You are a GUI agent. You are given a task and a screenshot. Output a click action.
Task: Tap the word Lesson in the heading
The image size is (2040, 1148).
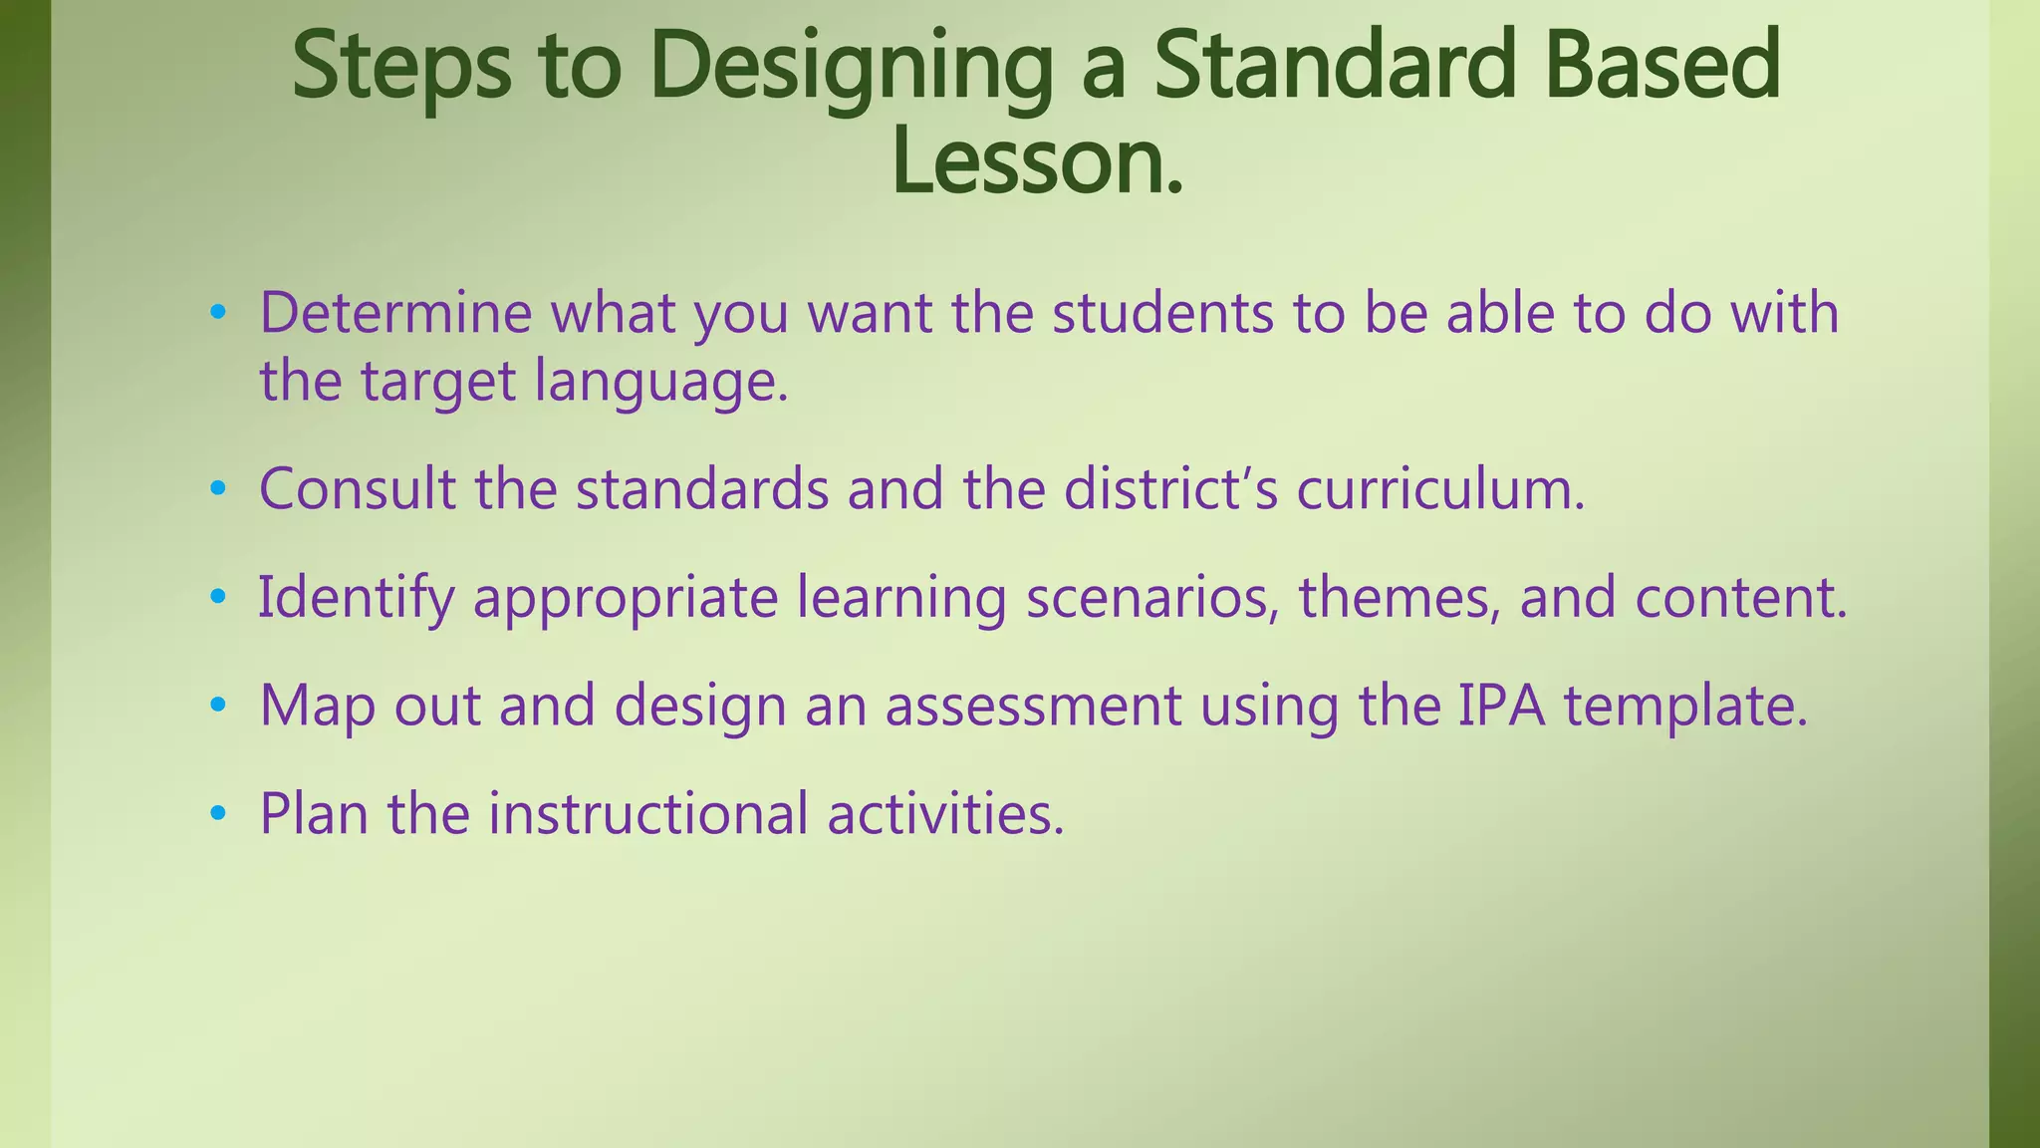coord(1036,162)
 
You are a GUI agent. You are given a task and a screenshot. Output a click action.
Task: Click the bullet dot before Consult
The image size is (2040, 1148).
coord(218,489)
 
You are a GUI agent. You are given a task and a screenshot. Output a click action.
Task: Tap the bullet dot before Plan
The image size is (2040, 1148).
coord(218,813)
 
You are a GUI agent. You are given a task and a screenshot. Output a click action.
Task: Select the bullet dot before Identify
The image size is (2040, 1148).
coord(218,598)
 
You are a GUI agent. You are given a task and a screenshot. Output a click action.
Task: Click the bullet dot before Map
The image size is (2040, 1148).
coord(218,706)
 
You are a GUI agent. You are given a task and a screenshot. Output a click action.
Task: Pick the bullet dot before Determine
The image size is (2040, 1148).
coord(218,314)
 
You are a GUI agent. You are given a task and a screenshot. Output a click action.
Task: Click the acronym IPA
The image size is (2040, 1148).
coord(1501,706)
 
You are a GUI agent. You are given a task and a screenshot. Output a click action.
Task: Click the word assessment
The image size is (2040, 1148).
coord(1033,706)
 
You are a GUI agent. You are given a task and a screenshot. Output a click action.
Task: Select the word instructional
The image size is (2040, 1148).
coord(647,813)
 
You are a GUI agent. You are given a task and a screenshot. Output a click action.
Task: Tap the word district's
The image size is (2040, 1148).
coord(1170,489)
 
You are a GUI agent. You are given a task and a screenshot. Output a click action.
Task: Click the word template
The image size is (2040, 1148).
coord(1684,706)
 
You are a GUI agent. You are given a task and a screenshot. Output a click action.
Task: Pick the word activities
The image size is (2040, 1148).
coord(945,813)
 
